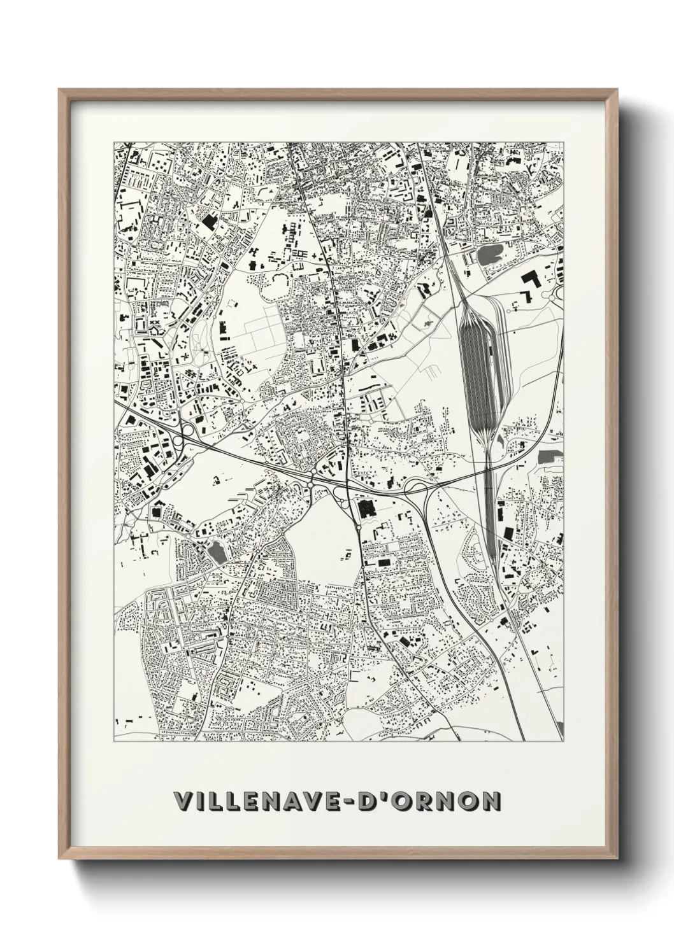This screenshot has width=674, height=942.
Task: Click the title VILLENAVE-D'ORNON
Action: coord(336,800)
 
